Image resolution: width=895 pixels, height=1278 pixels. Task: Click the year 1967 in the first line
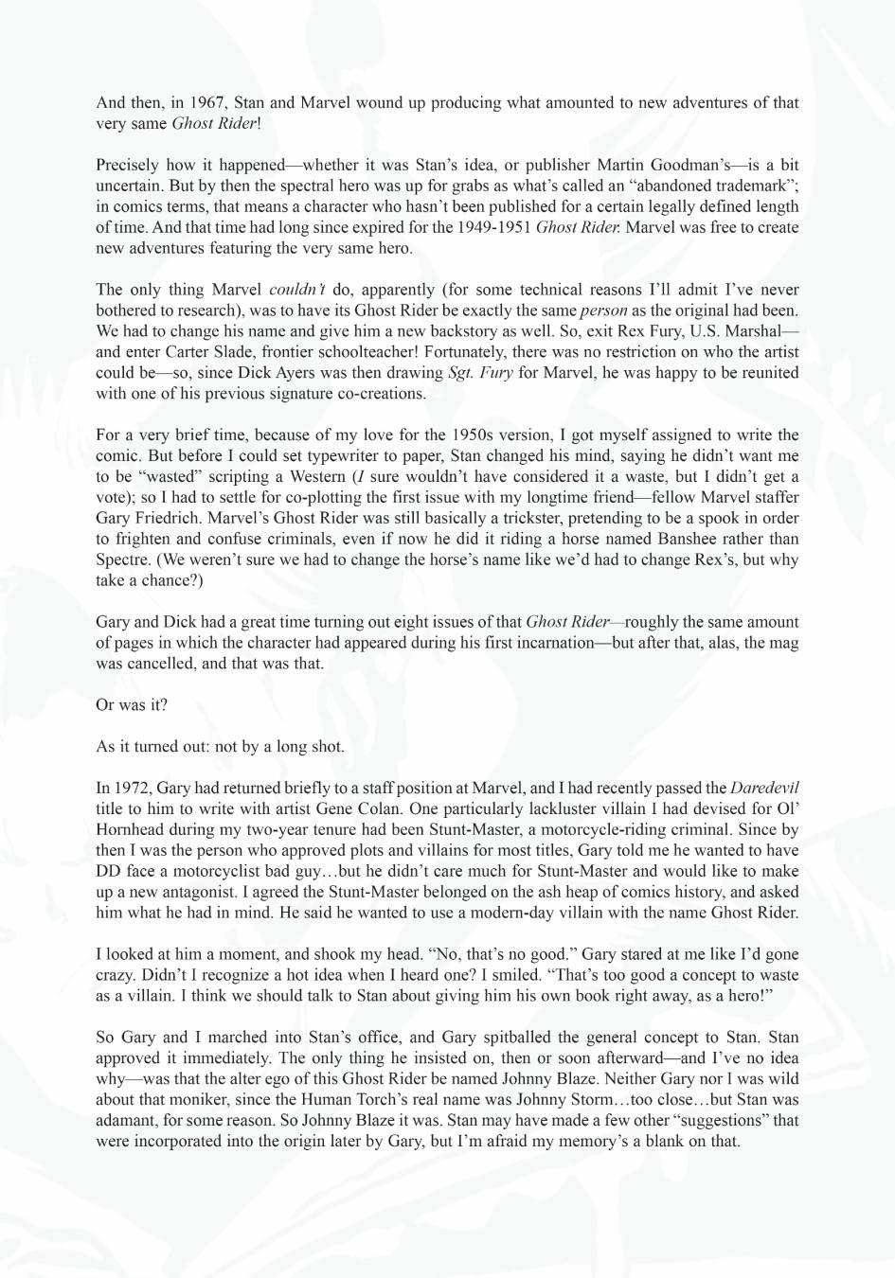(206, 102)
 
